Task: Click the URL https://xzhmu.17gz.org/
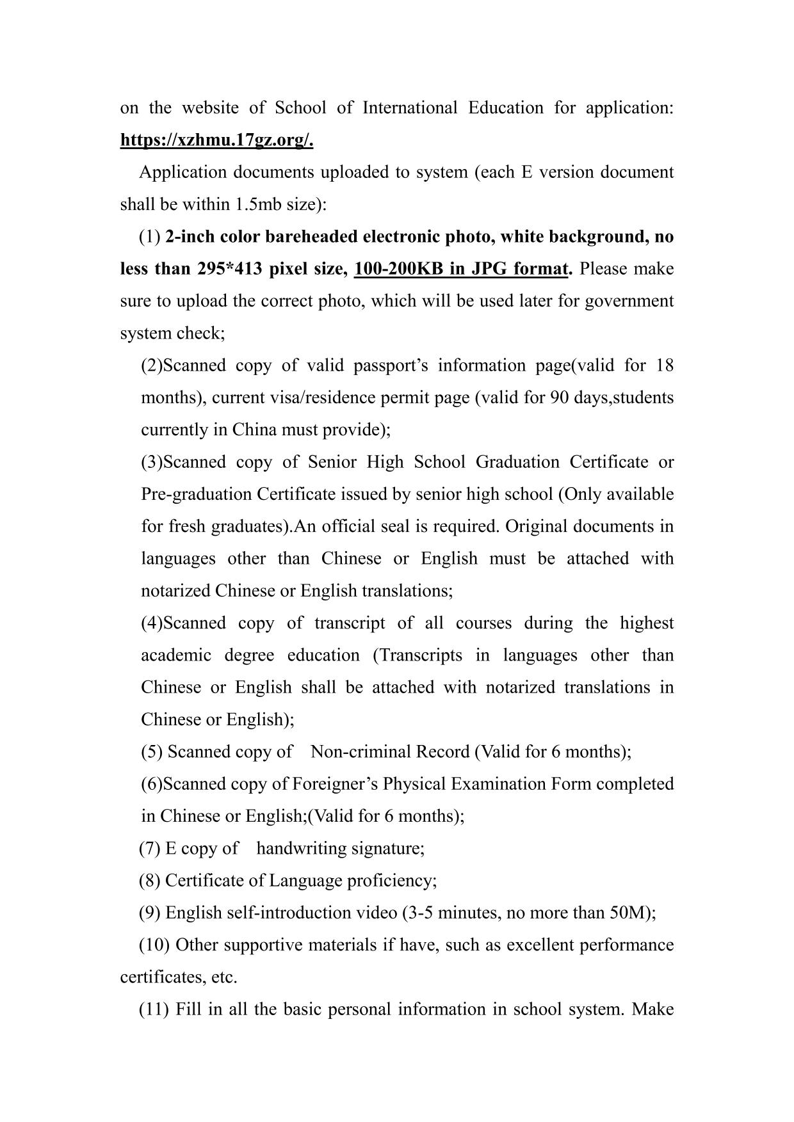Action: [x=216, y=140]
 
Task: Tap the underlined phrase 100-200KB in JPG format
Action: [x=461, y=269]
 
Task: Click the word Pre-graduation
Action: [x=196, y=494]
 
